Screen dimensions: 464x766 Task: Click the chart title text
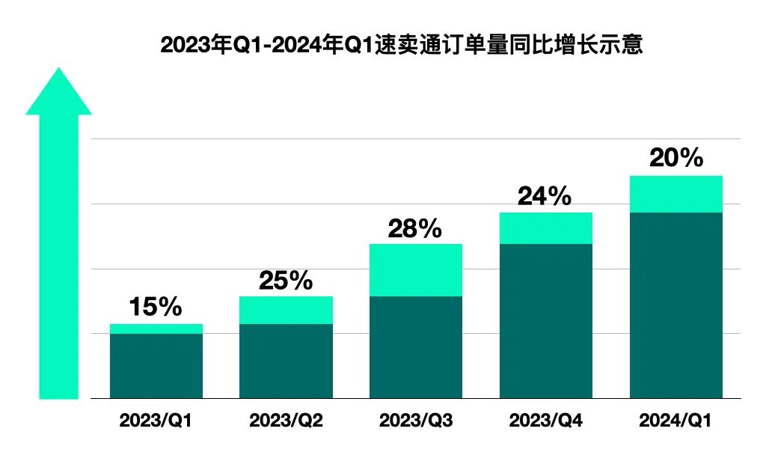click(402, 45)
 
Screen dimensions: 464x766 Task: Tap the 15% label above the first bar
click(156, 306)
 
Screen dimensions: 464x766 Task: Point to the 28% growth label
click(415, 228)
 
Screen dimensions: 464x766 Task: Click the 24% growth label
click(545, 196)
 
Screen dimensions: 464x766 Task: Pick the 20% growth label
click(676, 158)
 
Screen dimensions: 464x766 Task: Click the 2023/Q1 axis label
click(156, 421)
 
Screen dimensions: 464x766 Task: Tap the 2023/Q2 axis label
click(286, 421)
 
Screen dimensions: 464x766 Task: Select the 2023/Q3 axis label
click(416, 421)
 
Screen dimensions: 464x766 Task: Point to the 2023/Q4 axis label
click(545, 421)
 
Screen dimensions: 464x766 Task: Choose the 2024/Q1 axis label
click(675, 421)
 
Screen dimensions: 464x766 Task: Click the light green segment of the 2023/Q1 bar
click(156, 329)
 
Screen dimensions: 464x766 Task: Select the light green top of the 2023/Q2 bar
click(286, 310)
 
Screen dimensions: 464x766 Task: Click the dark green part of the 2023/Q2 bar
click(286, 361)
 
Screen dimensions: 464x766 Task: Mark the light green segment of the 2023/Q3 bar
click(416, 270)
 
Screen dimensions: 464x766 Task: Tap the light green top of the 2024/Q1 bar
click(675, 194)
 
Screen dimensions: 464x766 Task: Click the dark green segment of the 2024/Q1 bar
click(675, 305)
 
